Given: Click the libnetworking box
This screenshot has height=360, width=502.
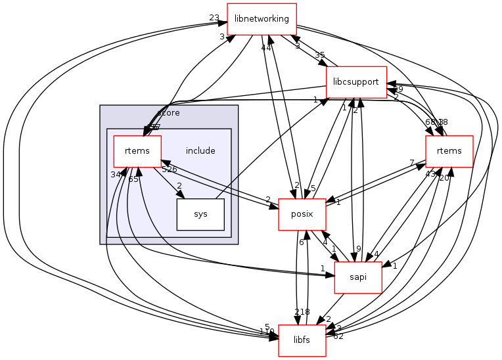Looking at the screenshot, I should [262, 19].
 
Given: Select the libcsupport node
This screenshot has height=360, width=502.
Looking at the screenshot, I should [356, 82].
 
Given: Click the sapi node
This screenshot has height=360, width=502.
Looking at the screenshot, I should [358, 277].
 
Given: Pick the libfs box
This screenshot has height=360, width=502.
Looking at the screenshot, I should [302, 340].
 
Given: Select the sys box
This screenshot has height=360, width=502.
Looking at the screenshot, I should [200, 214].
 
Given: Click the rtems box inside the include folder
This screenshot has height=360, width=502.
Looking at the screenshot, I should [138, 151].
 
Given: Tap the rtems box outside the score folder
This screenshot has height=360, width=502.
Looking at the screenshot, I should [449, 151].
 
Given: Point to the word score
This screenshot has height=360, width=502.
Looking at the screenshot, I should [169, 113].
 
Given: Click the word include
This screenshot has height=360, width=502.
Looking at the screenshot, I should [200, 151].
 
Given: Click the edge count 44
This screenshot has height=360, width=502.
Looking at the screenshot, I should [266, 48].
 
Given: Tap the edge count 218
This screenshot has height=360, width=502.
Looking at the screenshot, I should [302, 312].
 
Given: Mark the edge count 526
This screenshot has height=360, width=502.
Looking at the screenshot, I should [170, 169].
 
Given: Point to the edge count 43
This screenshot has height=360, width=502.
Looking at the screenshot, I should [431, 174].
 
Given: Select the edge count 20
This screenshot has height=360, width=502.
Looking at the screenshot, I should [444, 178].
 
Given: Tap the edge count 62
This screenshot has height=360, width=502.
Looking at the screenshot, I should [338, 336].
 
